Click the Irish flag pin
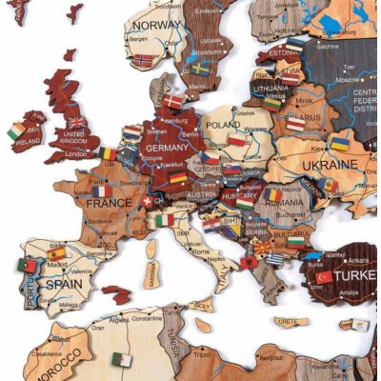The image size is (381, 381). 17,131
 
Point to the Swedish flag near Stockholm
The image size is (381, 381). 200,69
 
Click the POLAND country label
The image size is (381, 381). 223,124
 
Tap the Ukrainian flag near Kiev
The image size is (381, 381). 339,145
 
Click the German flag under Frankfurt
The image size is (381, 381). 178,177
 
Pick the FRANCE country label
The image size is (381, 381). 109,203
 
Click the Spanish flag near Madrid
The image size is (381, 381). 57,253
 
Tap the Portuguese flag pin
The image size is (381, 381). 27,266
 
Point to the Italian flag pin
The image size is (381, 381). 166,220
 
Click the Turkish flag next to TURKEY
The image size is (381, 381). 324,277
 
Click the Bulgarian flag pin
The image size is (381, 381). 295,241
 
